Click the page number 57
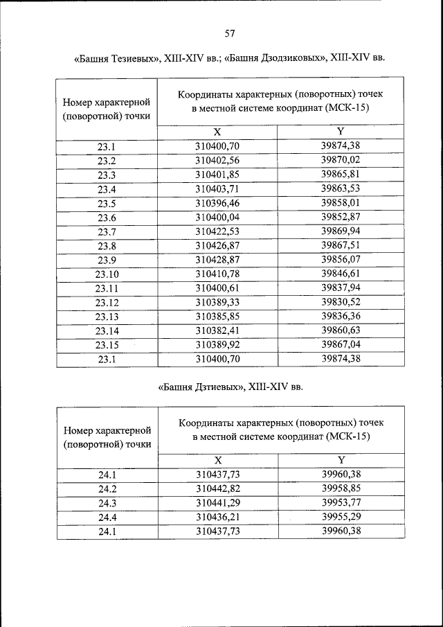pyautogui.click(x=230, y=33)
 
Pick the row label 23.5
pyautogui.click(x=107, y=203)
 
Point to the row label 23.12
pyautogui.click(x=107, y=303)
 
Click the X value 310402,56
pyautogui.click(x=217, y=160)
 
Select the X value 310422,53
pyautogui.click(x=217, y=231)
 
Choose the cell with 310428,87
pyautogui.click(x=217, y=259)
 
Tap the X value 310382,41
pyautogui.click(x=217, y=330)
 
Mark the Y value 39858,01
pyautogui.click(x=341, y=203)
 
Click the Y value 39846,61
pyautogui.click(x=341, y=274)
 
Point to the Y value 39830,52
pyautogui.click(x=341, y=302)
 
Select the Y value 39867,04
pyautogui.click(x=341, y=344)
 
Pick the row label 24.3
pyautogui.click(x=107, y=503)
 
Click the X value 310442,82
pyautogui.click(x=217, y=488)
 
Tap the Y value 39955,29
pyautogui.click(x=341, y=517)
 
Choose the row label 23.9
pyautogui.click(x=107, y=259)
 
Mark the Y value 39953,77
pyautogui.click(x=341, y=503)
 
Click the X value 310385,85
pyautogui.click(x=217, y=317)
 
